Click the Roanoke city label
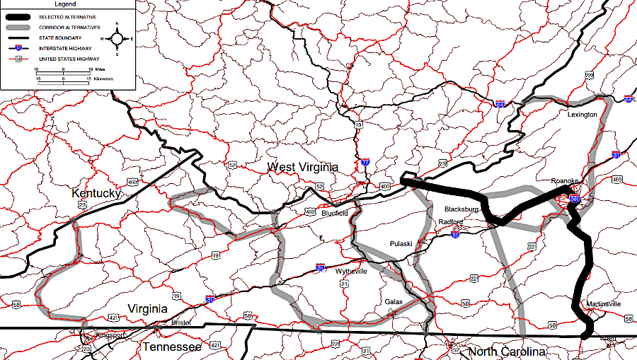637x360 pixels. [565, 182]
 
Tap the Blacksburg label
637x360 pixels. [462, 210]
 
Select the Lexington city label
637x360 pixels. [583, 115]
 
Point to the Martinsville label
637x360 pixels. [604, 304]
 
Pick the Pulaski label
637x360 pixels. [401, 244]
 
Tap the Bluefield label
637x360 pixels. [335, 212]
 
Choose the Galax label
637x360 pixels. [394, 302]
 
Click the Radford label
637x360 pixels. [451, 222]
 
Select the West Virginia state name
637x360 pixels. [302, 167]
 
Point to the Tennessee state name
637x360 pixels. [172, 347]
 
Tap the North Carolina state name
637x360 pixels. [507, 352]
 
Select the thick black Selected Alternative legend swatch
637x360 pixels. [19, 16]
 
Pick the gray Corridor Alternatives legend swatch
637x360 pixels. [19, 26]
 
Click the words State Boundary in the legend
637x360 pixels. [62, 37]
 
